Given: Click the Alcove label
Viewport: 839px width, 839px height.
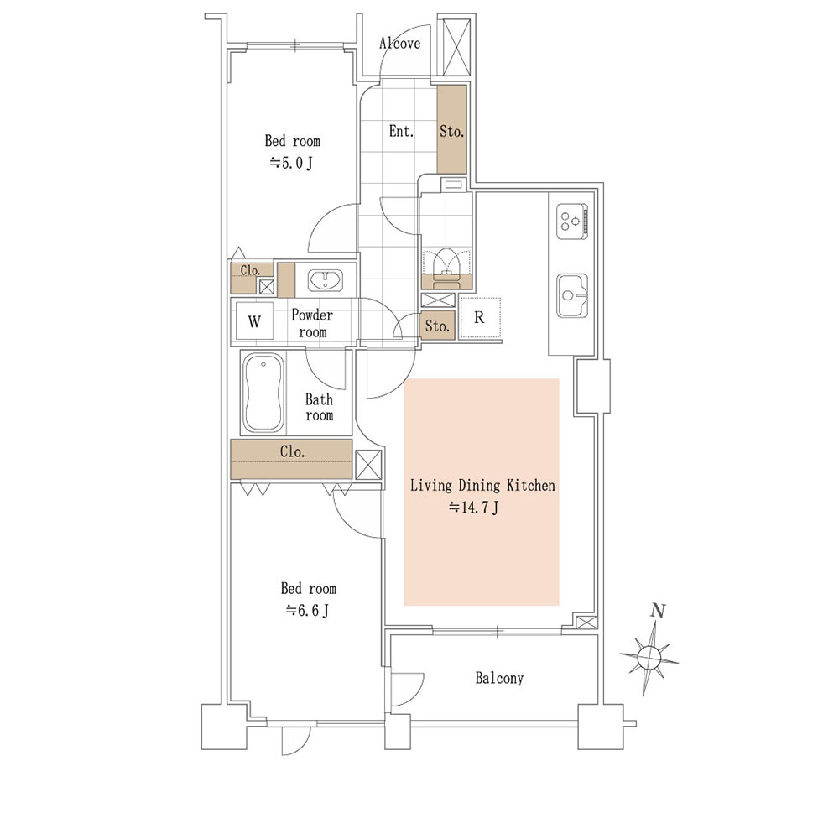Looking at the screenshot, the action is pos(399,44).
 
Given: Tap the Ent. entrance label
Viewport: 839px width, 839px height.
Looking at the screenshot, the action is pos(401,131).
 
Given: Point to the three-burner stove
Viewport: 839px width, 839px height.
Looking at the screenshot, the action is pos(572,221).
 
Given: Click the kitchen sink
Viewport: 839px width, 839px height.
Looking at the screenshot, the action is pos(572,295).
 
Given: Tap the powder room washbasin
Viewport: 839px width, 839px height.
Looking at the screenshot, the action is pos(325,280).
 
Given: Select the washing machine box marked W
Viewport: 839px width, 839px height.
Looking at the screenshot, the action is pos(255,321).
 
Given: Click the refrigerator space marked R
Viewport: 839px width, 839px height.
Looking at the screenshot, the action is pos(480,318).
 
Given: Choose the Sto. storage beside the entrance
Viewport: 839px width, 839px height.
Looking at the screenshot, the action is pos(451,129).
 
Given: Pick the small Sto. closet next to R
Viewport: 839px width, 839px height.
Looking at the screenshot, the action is pos(437,326).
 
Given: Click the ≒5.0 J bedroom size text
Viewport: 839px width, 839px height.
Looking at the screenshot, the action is pos(291,163).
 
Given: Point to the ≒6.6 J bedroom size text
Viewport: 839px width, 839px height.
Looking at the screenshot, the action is pos(307,610).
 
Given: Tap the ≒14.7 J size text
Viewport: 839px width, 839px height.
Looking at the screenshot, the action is pos(474,507).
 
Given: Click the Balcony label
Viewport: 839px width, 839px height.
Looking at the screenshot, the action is pos(499,678).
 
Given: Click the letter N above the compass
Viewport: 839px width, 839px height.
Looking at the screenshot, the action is pos(658,611).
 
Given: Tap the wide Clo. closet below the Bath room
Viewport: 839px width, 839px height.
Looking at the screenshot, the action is pos(292,459).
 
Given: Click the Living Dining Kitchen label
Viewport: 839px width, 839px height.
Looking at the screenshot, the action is pos(482,485).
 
